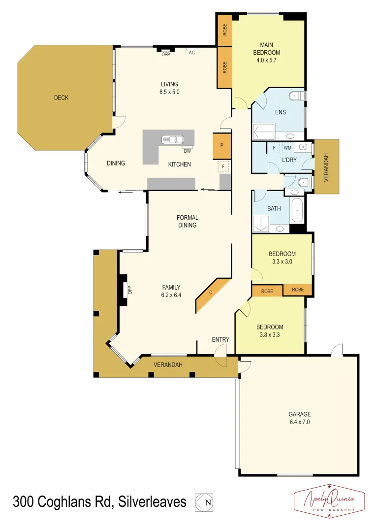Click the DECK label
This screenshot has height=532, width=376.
click(61, 98)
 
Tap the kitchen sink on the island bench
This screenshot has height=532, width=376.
click(170, 139)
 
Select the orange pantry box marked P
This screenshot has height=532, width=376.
click(222, 146)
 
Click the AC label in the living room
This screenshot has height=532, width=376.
click(192, 53)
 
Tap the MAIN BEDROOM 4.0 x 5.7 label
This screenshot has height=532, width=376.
click(266, 53)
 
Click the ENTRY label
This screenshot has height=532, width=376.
click(220, 339)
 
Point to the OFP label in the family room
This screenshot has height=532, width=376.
click(130, 290)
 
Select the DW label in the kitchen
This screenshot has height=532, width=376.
click(187, 151)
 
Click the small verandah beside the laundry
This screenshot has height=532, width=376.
click(327, 166)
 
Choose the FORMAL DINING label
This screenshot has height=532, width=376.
click(187, 221)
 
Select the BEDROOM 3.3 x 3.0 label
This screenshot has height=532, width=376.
click(282, 258)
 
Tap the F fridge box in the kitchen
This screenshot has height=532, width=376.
click(223, 167)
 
